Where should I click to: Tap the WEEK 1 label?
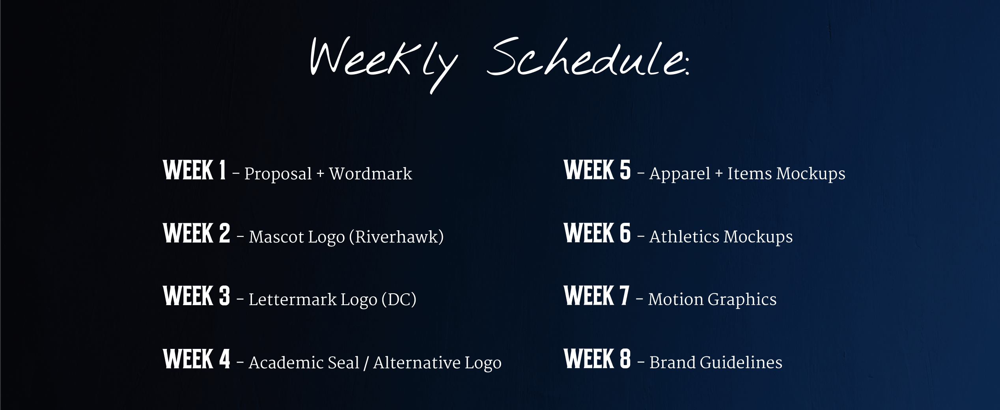pos(194,171)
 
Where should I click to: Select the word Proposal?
pos(278,174)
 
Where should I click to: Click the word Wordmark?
pos(370,174)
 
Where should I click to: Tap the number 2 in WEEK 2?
pos(224,233)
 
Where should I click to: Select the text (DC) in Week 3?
pos(399,300)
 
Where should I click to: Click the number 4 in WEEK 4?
pos(224,359)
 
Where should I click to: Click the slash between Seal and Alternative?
pos(366,363)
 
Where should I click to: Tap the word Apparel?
pos(679,174)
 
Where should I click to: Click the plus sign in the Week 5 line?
pos(718,174)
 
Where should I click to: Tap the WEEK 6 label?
pos(597,233)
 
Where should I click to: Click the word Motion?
pos(675,300)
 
